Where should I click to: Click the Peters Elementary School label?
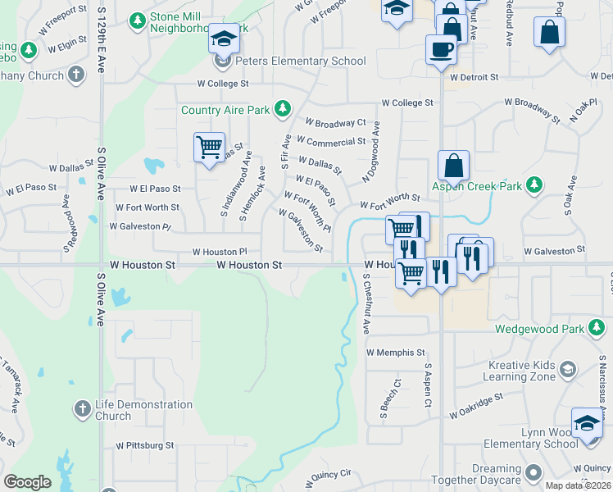pos(301,61)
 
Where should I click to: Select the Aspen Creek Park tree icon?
pos(534,185)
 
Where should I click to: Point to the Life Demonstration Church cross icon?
pos(81,408)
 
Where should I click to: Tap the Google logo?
pos(27,482)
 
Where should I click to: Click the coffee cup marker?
pos(441,48)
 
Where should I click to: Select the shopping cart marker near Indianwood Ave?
pos(209,148)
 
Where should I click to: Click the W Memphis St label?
pos(396,353)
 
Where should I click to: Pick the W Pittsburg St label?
pos(144,445)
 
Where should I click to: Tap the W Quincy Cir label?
pos(328,475)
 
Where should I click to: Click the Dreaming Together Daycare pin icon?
pos(534,473)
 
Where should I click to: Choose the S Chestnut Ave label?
pos(366,303)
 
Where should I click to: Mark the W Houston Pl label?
pos(220,253)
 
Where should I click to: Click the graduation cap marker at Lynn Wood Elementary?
pos(586,422)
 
